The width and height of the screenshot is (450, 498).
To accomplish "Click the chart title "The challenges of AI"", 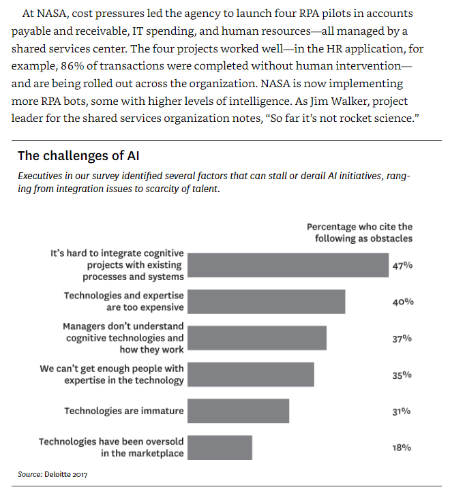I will point(79,156).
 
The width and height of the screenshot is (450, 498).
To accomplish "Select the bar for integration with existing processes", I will point(287,265).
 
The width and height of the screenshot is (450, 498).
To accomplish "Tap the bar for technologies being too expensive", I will point(266,302).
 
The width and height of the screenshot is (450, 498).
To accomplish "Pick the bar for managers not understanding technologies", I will point(257,338).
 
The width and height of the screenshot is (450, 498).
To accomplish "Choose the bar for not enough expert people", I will point(250,375).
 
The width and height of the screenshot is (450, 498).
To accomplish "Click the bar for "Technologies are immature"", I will point(238,411).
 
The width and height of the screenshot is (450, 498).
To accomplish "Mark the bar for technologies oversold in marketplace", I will point(220,448).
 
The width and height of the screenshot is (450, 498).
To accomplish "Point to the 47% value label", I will point(402,265).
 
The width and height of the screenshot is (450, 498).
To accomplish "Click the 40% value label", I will point(402,302).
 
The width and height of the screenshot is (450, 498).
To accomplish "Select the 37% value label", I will point(402,338).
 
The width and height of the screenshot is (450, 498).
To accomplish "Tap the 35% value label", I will point(402,375).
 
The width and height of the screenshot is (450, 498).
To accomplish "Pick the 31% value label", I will point(402,411).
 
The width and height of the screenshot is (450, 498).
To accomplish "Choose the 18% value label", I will point(402,448).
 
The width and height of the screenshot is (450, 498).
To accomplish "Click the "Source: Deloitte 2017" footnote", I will point(53,473).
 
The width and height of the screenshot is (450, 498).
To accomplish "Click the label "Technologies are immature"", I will point(123,411).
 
